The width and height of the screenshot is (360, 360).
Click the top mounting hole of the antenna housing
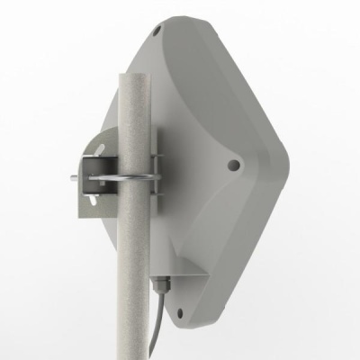click(158, 30)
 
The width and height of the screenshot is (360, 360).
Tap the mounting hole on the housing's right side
click(234, 165)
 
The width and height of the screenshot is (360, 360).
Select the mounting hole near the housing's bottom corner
click(182, 313)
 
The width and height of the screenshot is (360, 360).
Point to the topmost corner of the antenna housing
click(171, 17)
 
